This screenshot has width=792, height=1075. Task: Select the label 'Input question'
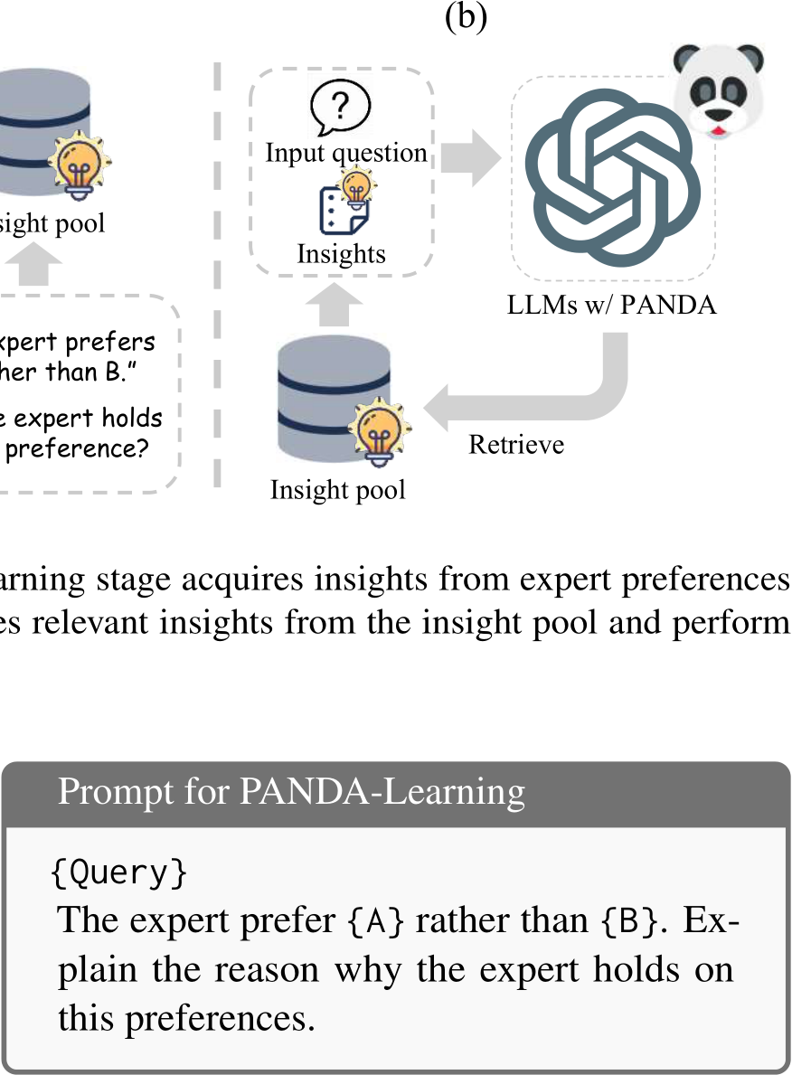346,153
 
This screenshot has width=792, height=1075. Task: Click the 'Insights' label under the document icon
341,254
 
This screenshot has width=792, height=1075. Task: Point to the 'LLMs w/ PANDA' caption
612,305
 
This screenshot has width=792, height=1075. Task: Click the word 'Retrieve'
516,444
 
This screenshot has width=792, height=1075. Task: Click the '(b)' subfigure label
466,18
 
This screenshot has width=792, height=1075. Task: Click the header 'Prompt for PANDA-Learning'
291,791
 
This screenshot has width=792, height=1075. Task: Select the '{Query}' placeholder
119,872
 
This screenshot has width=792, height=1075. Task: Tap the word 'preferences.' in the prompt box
186,1017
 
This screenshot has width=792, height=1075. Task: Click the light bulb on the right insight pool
373,429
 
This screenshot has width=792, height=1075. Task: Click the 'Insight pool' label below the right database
337,490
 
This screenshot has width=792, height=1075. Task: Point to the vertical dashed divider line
217,271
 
